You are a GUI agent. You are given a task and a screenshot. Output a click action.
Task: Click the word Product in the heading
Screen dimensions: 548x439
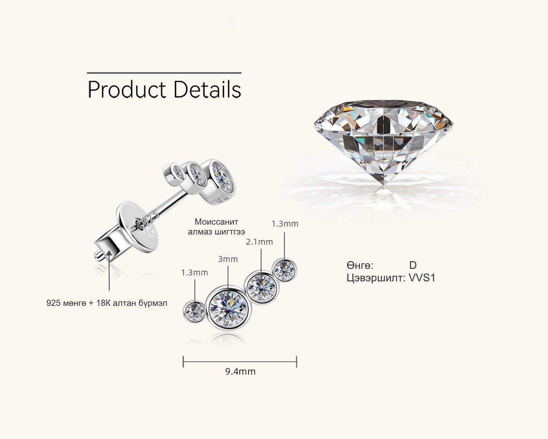pos(126,90)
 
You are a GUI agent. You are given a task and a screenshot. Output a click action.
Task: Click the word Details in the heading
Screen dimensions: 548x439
pos(207,89)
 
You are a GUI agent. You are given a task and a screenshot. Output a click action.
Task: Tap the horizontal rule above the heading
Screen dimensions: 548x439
pos(164,73)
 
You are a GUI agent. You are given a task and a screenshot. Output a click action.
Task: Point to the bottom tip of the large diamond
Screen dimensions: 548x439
pos(384,186)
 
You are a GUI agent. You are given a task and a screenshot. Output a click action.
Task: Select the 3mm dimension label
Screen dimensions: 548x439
pos(228,259)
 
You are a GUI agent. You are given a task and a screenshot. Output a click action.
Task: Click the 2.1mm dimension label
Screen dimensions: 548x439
pos(259,242)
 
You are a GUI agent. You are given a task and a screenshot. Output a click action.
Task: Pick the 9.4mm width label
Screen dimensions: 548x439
pos(240,372)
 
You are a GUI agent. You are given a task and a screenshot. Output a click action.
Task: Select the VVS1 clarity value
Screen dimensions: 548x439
pos(422,278)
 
